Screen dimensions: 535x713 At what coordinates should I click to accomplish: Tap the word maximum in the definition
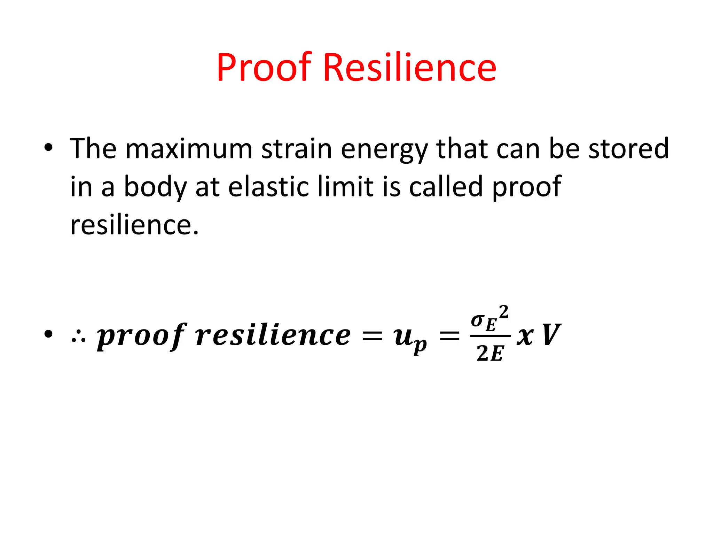click(189, 149)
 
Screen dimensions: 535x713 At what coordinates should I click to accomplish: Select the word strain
click(297, 149)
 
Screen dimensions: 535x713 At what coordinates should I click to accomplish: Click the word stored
click(628, 149)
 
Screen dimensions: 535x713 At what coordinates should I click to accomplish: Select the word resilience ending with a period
click(134, 225)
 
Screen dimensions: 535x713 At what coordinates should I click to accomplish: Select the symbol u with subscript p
click(409, 338)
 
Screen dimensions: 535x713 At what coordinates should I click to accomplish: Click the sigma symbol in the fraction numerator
click(477, 320)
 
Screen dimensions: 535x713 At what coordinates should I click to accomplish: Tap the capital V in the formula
click(551, 335)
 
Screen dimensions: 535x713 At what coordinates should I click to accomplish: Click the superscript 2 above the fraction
click(504, 312)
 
